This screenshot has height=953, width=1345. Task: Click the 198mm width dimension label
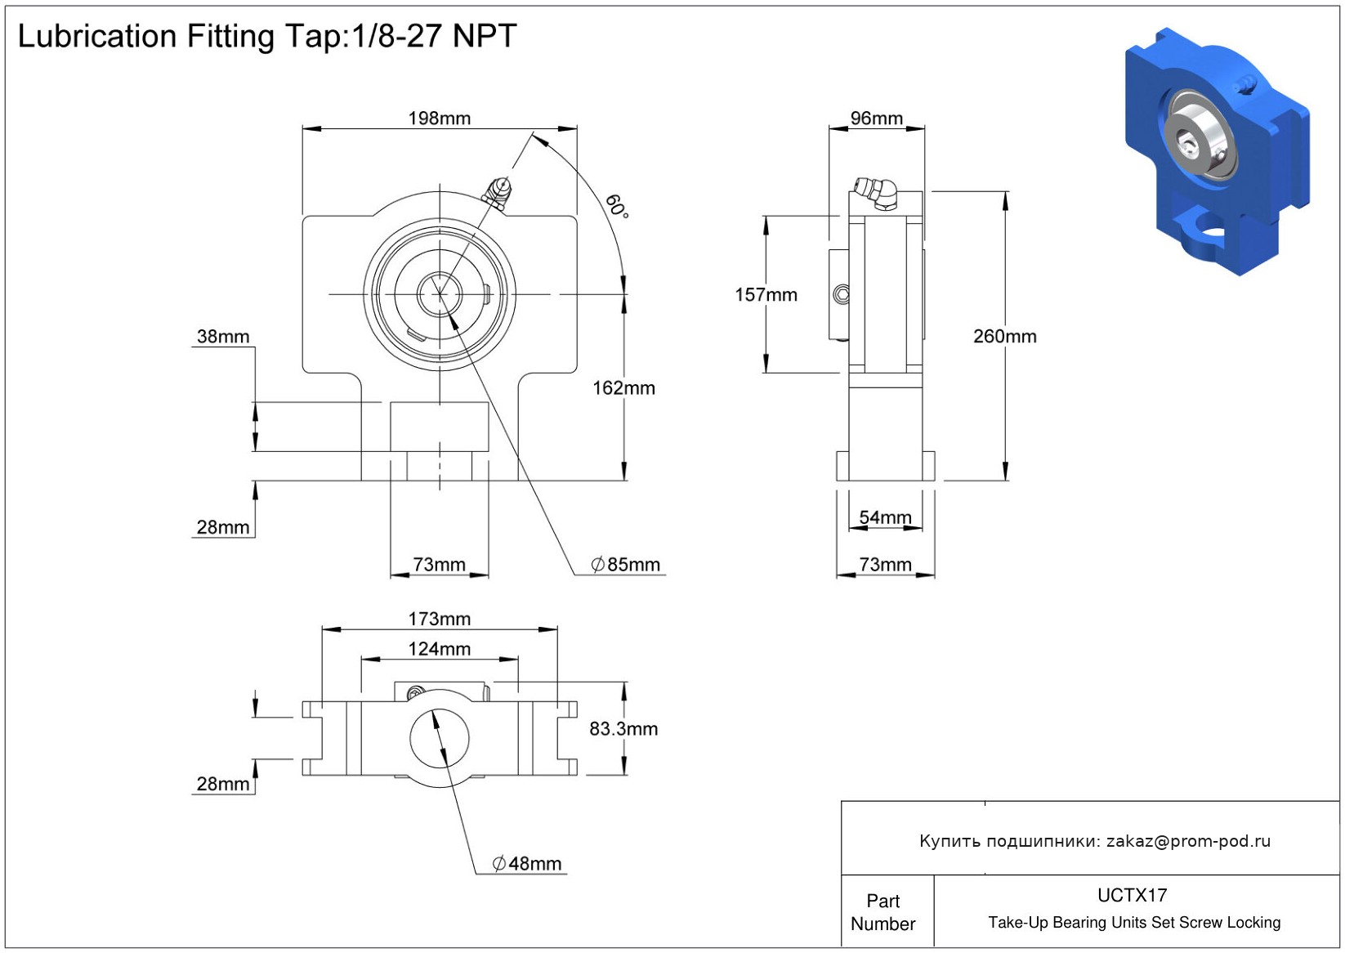440,119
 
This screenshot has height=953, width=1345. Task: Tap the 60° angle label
617,206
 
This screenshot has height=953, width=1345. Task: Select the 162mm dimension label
623,388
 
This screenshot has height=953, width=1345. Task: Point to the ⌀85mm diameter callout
626,565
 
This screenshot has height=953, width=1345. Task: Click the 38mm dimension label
223,337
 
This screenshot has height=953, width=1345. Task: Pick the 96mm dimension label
876,119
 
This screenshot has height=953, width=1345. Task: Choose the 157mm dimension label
766,295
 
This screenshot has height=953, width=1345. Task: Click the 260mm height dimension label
1004,337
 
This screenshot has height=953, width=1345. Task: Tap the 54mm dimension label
885,517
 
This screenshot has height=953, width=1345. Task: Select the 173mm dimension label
440,620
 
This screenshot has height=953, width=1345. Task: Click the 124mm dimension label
440,649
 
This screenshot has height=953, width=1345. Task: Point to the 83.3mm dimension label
623,729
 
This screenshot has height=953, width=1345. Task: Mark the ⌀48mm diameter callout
527,864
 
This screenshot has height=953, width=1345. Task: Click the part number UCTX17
1132,895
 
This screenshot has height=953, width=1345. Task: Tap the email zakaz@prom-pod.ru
1188,841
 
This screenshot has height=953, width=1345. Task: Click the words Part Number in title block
883,912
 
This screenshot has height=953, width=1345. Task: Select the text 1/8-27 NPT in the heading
434,36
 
